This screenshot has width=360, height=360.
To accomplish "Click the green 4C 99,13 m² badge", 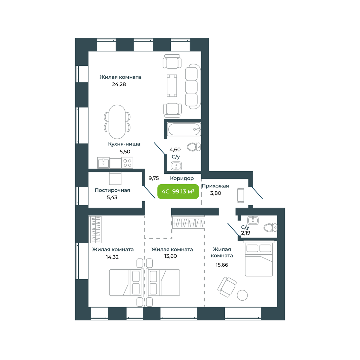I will coord(178,191).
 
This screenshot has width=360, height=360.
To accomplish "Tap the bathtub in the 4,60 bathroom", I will coord(184,129).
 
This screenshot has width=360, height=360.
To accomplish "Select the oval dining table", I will coord(117,121).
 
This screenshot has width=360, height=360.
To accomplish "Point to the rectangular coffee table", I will coord(172,85).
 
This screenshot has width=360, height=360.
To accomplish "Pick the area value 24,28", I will coord(119,84).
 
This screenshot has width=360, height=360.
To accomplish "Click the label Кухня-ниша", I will coord(124,144).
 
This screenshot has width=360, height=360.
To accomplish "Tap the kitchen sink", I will coord(103,163).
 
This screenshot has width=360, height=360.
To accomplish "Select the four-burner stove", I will coord(127,163).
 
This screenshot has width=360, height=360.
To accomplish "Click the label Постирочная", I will coord(112,190).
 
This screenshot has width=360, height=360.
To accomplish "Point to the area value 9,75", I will coord(154,178).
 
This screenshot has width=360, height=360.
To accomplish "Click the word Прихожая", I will coord(215,186).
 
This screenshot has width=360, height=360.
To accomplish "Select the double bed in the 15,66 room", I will coord(259,258).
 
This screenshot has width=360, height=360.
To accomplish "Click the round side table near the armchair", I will coord(242,295).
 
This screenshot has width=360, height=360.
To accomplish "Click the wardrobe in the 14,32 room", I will coord(95,229).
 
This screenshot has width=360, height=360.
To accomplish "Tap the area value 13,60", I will coord(170,256).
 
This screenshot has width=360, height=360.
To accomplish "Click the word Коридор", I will coord(182,178).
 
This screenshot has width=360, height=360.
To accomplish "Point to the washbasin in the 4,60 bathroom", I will coord(176,166).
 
